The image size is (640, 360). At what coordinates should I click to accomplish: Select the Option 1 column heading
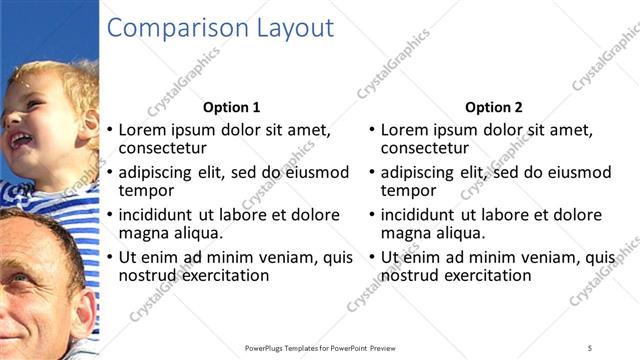coord(231,107)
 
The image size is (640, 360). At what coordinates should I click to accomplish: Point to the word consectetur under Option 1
coord(163,148)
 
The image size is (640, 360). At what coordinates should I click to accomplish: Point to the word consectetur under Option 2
coord(425,148)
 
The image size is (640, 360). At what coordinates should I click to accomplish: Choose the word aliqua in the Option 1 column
coord(204,233)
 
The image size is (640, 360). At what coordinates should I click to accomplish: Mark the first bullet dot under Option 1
coord(110,131)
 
